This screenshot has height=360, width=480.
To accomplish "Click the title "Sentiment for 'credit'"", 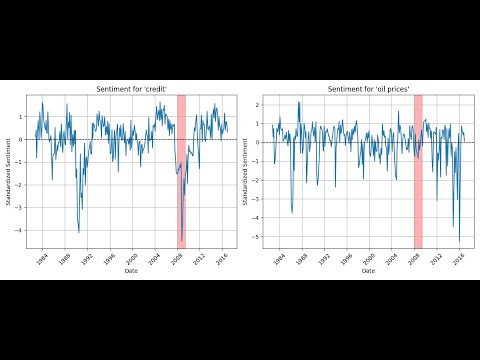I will pos(130,89).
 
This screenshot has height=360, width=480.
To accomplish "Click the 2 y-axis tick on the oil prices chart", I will pos(258,104).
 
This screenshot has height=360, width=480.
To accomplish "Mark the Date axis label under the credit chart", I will pos(130,270).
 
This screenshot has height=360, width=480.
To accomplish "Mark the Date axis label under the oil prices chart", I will pos(368,270).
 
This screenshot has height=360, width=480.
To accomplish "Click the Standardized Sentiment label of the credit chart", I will pos(9,171).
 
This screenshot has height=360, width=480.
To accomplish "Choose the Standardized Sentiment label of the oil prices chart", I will pos(245,171).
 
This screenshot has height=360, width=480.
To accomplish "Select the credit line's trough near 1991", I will pos(79,232).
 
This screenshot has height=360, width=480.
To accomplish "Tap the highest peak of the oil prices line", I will pos(298,102).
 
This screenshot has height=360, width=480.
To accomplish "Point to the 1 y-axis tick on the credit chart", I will pos(22,116).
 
